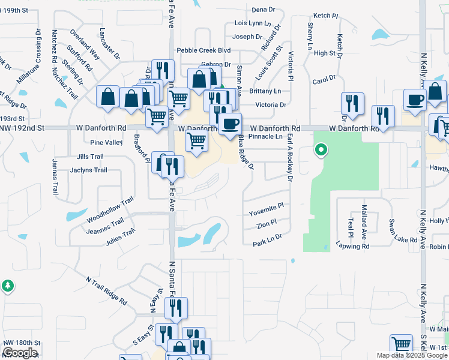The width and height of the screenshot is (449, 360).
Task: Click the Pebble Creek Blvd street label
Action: pyautogui.click(x=203, y=50)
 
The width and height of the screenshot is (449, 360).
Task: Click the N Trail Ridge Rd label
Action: pyautogui.click(x=106, y=290)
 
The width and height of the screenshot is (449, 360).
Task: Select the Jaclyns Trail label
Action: pyautogui.click(x=88, y=170)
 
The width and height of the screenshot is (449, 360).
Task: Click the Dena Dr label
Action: pyautogui.click(x=263, y=10)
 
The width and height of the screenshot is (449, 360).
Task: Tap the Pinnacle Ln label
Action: pyautogui.click(x=266, y=137)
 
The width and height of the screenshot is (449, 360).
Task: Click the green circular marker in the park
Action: pyautogui.click(x=321, y=150)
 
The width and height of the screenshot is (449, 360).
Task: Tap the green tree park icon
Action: pyautogui.click(x=8, y=286)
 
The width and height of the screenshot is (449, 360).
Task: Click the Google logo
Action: pyautogui.click(x=20, y=353)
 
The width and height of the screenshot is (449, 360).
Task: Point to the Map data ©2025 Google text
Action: pyautogui.click(x=412, y=355)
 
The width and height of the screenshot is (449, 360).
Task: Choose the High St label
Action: pyautogui.click(x=324, y=53)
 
